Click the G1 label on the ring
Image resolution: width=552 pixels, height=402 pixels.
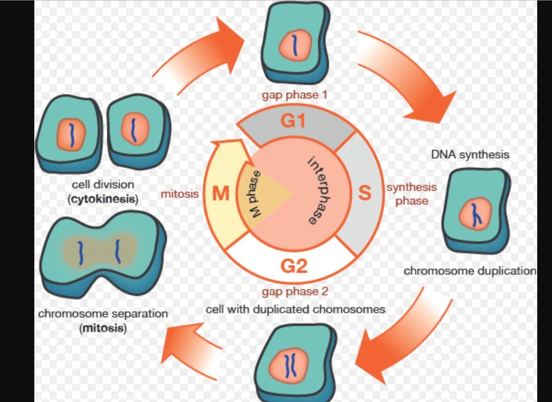293,121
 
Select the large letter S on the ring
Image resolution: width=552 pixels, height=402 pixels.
365,193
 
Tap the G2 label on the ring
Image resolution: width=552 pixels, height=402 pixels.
294,266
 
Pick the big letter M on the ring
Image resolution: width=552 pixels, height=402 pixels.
221,193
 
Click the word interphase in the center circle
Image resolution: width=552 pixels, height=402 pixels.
320,190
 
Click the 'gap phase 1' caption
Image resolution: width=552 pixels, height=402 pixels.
295,95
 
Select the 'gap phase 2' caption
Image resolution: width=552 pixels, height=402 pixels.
295,291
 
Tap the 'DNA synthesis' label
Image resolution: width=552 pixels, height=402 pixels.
470,155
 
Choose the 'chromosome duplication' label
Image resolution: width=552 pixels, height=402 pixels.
470,271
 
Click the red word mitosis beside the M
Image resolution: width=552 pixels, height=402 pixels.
180,194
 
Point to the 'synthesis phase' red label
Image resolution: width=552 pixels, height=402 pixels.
412,194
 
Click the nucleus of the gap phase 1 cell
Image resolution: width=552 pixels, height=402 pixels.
295,45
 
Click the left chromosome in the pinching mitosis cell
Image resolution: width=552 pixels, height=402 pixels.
81,253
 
